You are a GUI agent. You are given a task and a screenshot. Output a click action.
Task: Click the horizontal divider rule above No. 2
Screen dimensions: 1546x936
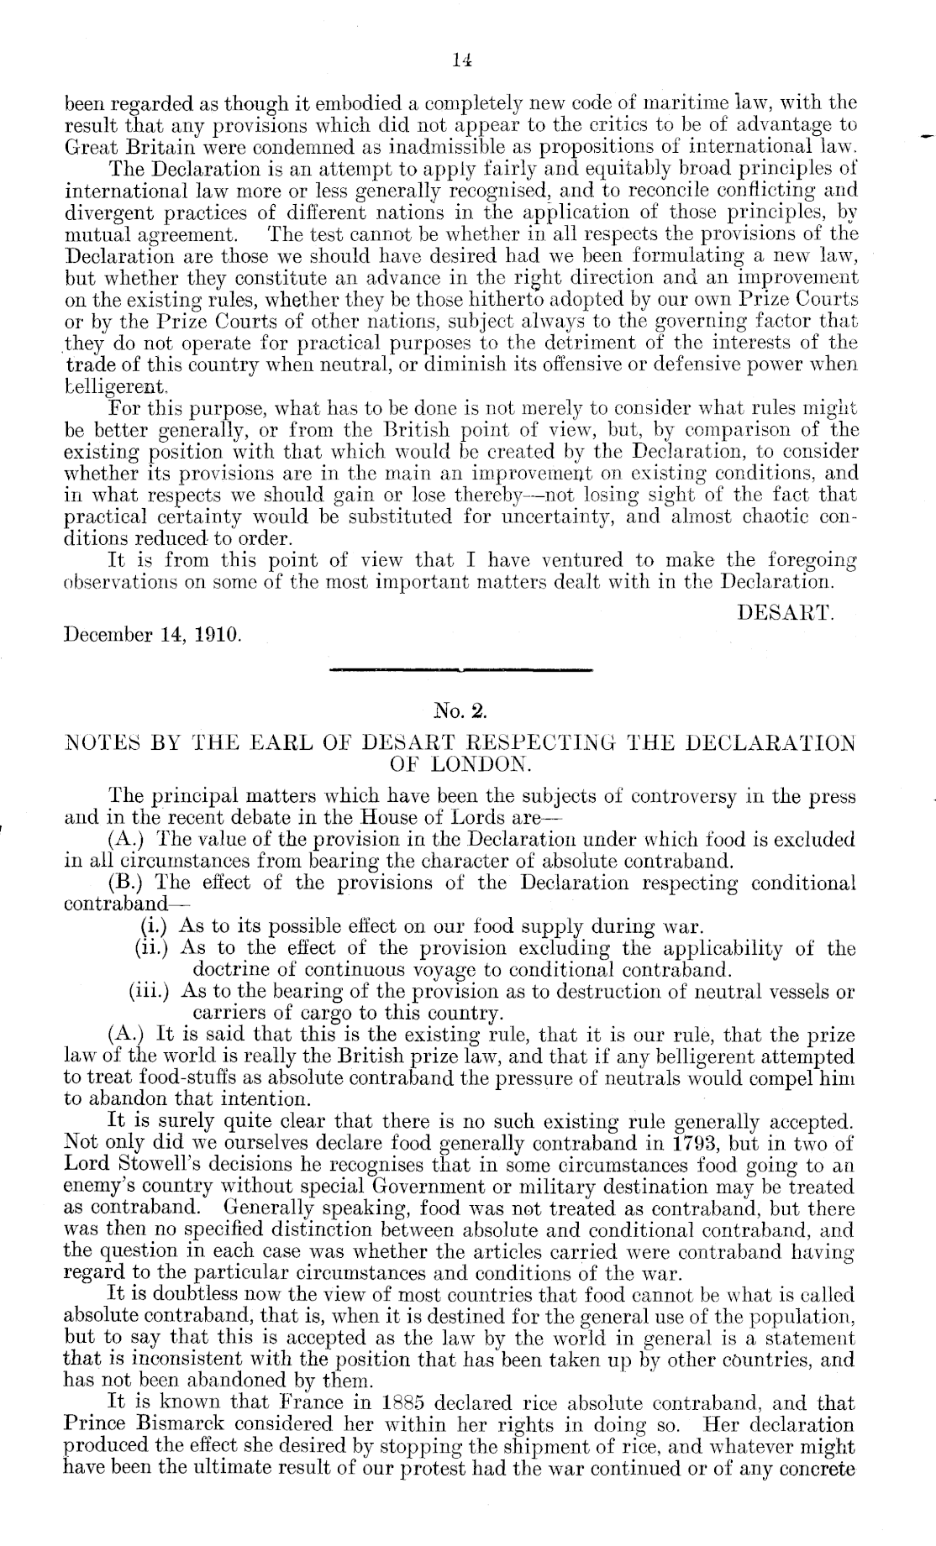point(462,670)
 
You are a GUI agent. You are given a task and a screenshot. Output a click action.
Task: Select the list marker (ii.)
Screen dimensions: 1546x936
point(152,949)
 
